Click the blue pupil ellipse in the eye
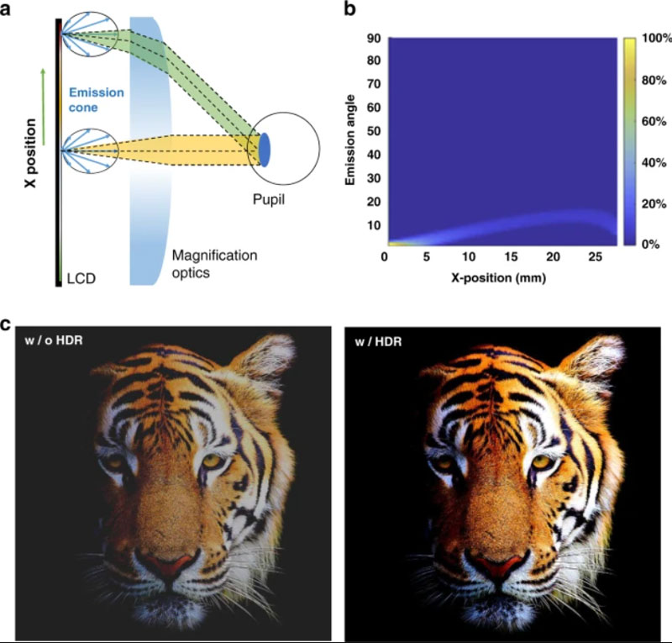click(x=265, y=150)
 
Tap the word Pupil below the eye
click(x=268, y=200)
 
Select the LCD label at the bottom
click(x=81, y=279)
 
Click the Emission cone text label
click(x=97, y=99)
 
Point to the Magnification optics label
click(x=214, y=264)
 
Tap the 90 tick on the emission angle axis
click(x=373, y=38)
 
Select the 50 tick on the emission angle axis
click(x=373, y=131)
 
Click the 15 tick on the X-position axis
click(x=511, y=257)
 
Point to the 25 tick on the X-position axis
click(x=595, y=257)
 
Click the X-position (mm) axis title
click(x=498, y=278)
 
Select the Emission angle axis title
click(x=350, y=140)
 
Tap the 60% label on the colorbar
click(x=654, y=122)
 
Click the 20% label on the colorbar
click(x=654, y=203)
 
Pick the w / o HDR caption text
click(x=54, y=340)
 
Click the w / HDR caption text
click(x=379, y=341)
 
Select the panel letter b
click(x=349, y=9)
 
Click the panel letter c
click(x=5, y=324)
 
